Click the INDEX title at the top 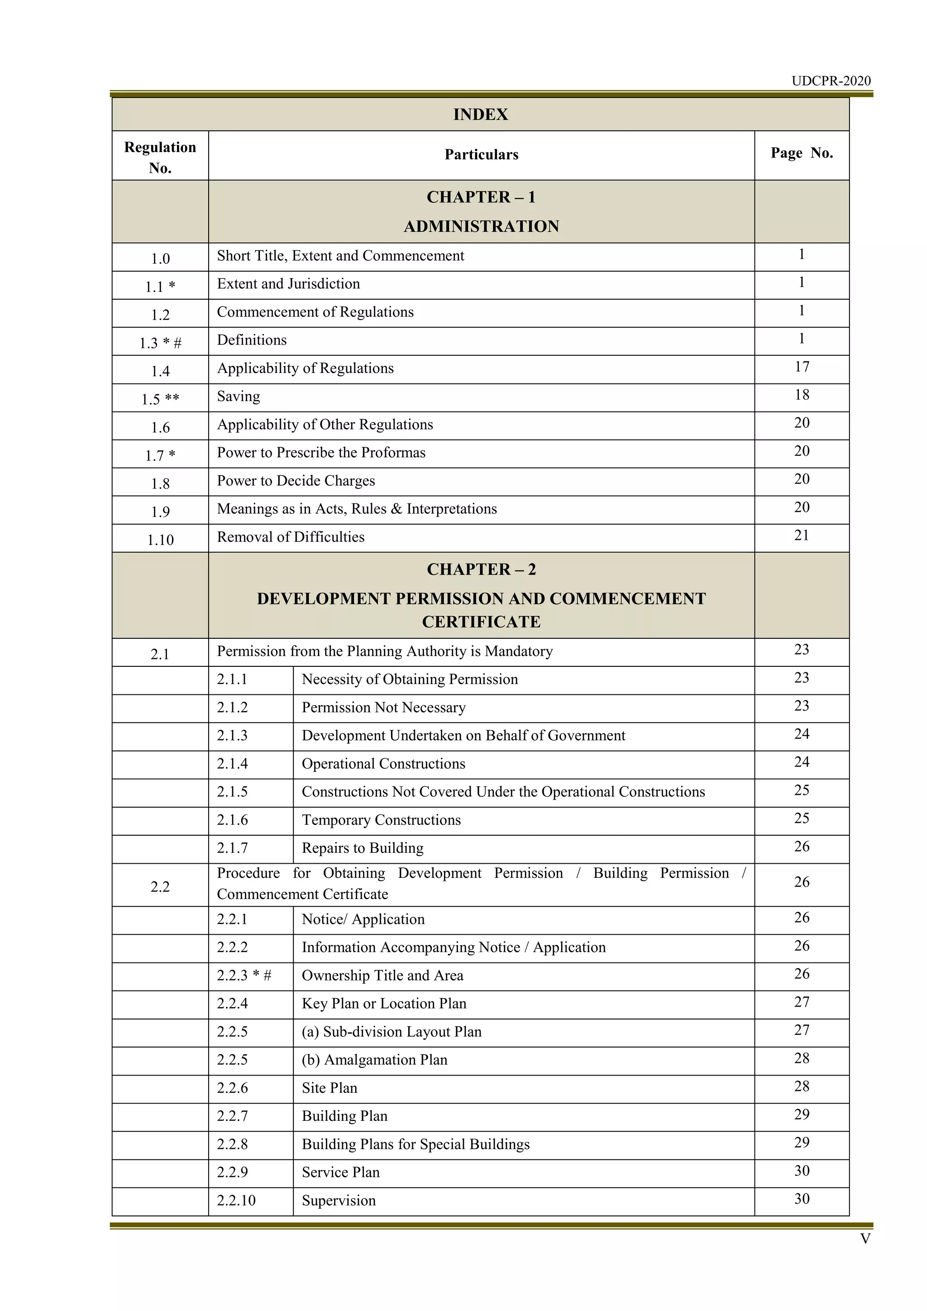tap(480, 115)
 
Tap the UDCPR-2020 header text tap(831, 81)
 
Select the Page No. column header tap(802, 153)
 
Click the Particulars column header tap(481, 155)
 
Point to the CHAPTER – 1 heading tap(481, 197)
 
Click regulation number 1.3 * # tap(160, 343)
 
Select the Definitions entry tap(252, 340)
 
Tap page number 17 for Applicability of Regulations tap(802, 367)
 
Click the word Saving tap(238, 396)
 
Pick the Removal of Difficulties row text tap(291, 537)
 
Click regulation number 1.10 tap(160, 540)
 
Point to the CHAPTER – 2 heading tap(481, 569)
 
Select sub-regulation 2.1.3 tap(232, 736)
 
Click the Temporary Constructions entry tap(381, 820)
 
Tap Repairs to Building tap(363, 848)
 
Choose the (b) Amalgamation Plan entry tap(374, 1060)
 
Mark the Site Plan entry tap(330, 1088)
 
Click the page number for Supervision tap(802, 1199)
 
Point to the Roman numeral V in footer tap(865, 1239)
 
